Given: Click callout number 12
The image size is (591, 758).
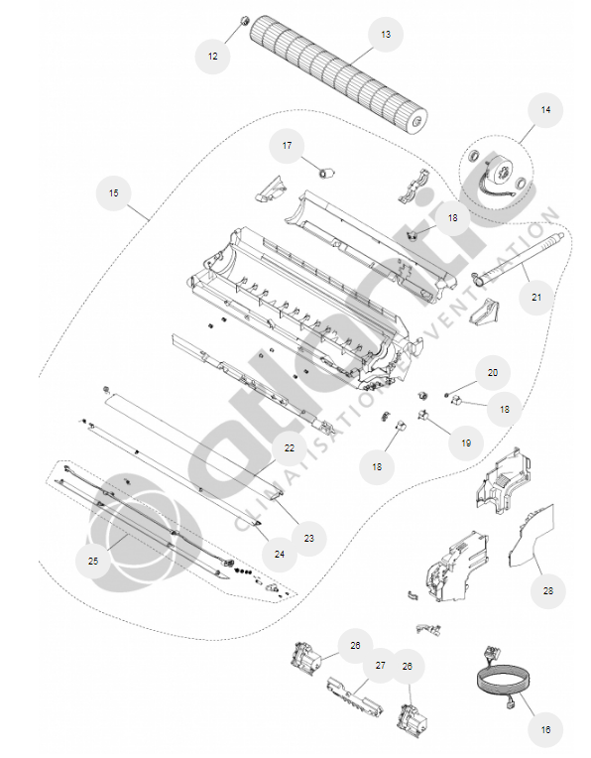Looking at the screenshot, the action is (212, 57).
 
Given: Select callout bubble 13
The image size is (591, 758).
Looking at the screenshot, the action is (386, 35).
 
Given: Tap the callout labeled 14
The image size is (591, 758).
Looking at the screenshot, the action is (545, 110).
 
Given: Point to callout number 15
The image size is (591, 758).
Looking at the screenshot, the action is (114, 192).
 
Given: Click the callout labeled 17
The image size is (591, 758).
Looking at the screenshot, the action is (287, 145).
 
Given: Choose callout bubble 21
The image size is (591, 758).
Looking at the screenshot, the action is (536, 297).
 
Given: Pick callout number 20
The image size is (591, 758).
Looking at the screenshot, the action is (493, 373).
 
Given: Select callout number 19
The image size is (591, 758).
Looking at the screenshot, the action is (466, 442).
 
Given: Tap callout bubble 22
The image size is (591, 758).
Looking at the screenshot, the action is (289, 448).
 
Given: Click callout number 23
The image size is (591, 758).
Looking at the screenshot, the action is (308, 538).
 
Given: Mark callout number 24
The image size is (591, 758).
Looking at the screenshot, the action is (280, 554).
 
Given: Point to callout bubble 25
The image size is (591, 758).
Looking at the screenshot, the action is (93, 561).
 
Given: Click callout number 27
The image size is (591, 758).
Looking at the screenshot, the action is (381, 666).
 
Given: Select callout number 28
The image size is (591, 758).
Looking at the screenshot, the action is (548, 590).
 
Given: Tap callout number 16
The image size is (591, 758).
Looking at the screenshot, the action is (545, 729).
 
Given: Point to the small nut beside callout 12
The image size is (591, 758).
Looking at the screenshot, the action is (245, 21).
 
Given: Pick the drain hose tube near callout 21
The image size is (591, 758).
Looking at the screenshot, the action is (517, 260).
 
